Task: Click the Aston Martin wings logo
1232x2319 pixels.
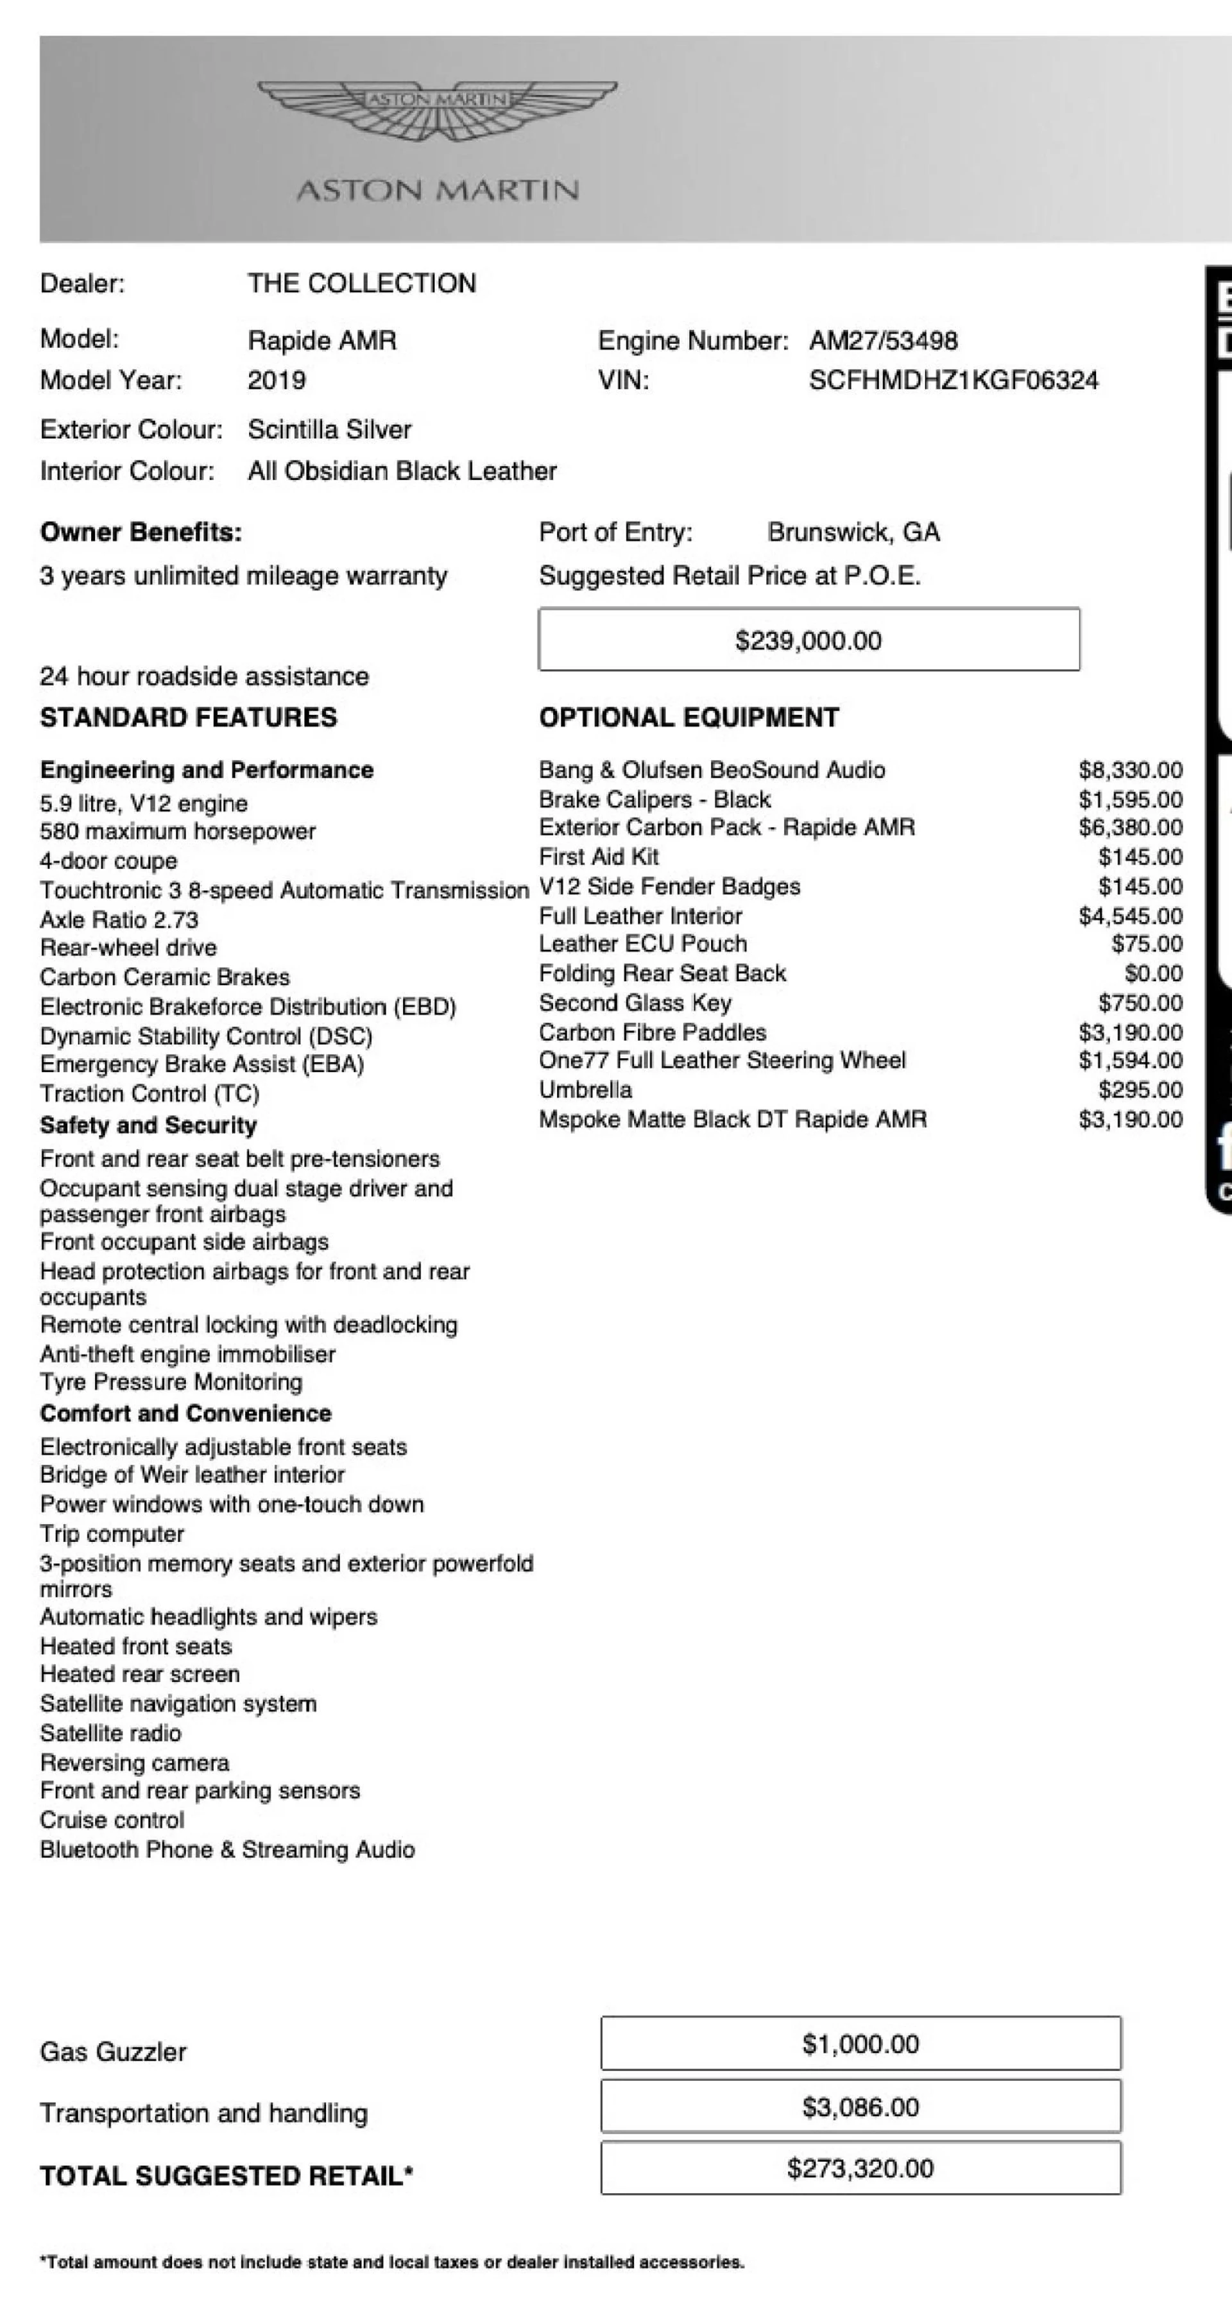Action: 438,110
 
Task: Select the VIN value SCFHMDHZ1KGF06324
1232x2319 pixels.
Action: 953,380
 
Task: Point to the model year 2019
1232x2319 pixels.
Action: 277,380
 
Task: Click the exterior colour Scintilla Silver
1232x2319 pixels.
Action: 329,429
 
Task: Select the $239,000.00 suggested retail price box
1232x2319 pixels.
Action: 808,640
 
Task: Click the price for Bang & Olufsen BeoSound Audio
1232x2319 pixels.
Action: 1131,770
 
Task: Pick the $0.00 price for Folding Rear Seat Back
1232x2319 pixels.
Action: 1153,973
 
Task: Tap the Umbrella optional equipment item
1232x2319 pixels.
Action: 585,1090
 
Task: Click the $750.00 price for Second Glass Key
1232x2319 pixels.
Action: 1140,1003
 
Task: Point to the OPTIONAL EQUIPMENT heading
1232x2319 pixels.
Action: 689,717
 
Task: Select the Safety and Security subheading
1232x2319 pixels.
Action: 148,1125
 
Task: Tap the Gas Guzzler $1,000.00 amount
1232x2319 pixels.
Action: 860,2044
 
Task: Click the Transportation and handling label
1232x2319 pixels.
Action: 203,2113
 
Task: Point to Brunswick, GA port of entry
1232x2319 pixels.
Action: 853,532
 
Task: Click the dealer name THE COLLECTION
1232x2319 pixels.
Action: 362,284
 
